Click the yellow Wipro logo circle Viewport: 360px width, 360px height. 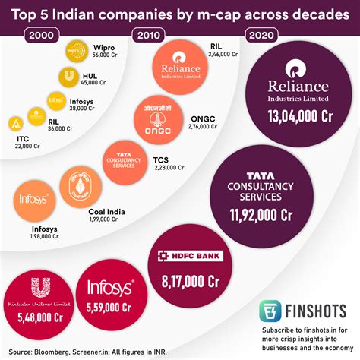74,52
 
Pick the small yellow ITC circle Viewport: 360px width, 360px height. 17,124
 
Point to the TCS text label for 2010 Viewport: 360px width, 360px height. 161,159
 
